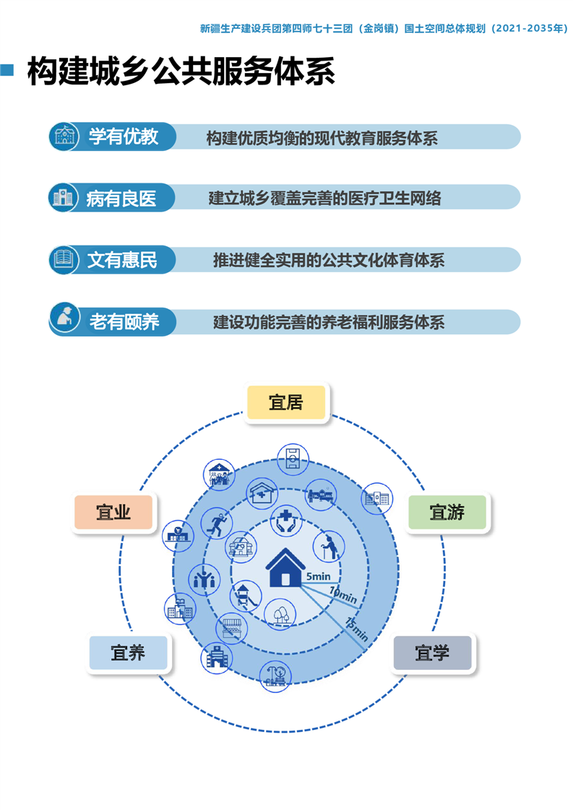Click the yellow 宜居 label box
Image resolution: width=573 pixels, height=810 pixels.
click(x=286, y=402)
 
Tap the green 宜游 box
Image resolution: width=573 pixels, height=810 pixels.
click(x=447, y=512)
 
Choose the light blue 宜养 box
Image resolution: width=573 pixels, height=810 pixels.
click(x=128, y=653)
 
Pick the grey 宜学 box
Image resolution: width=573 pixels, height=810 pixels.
click(x=432, y=653)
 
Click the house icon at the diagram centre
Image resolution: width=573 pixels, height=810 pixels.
click(x=285, y=567)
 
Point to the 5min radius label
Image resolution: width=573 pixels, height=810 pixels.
click(x=318, y=576)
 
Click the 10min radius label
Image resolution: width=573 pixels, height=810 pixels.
click(x=343, y=595)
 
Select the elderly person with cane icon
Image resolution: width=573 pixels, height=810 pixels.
click(x=329, y=546)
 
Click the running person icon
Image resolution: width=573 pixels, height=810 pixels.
click(x=217, y=523)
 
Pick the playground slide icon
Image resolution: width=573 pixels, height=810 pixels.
click(x=245, y=596)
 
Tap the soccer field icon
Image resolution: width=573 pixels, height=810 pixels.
click(x=293, y=458)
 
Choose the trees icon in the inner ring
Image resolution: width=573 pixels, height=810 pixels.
click(x=280, y=613)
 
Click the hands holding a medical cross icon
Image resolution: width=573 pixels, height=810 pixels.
click(x=286, y=521)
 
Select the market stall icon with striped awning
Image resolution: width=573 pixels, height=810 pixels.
click(x=231, y=628)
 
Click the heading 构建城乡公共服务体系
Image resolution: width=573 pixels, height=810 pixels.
click(x=181, y=71)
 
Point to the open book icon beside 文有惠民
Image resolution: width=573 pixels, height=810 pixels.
click(x=64, y=259)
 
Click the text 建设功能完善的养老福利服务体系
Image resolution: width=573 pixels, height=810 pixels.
click(x=329, y=322)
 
